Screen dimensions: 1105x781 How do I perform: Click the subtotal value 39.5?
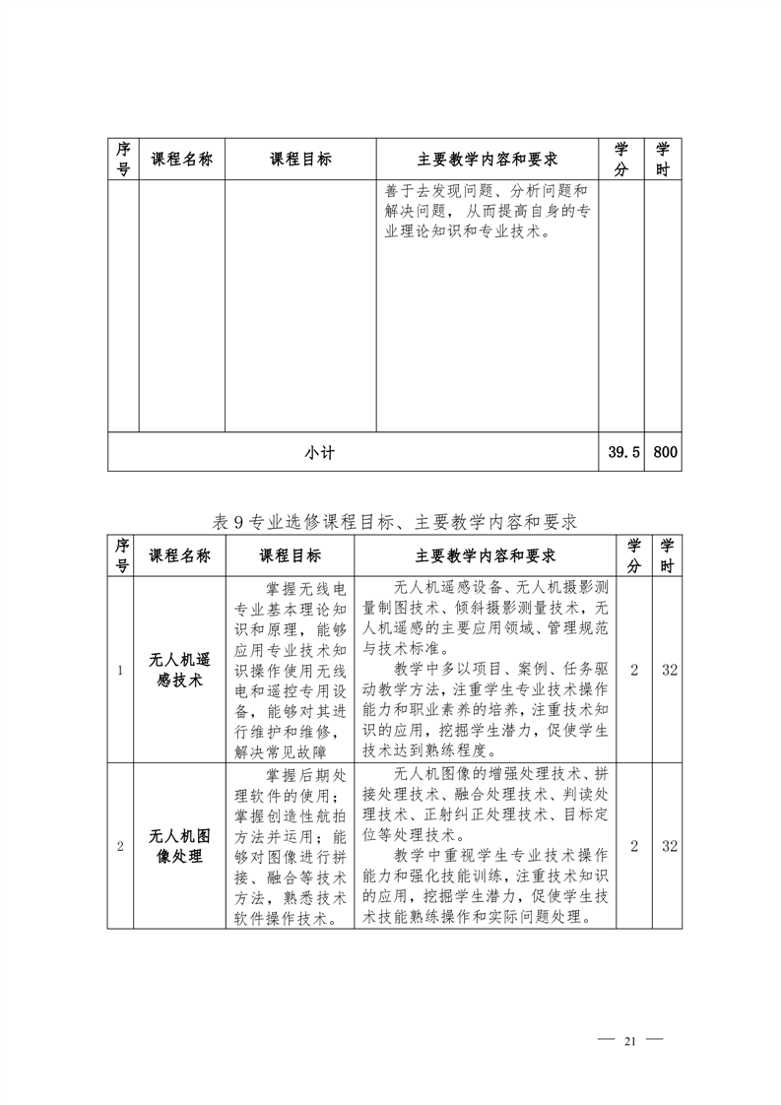click(624, 453)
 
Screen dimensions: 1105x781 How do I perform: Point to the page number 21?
click(631, 1041)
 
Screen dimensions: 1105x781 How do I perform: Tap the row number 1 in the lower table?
click(120, 670)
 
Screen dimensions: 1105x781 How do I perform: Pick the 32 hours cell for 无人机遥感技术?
click(669, 670)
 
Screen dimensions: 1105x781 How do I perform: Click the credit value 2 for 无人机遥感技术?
click(634, 670)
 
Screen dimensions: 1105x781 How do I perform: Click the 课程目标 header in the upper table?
click(300, 160)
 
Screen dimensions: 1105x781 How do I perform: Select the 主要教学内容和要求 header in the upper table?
click(488, 160)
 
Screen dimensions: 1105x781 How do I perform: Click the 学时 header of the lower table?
click(668, 555)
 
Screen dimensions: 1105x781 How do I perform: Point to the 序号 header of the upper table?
click(123, 160)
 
